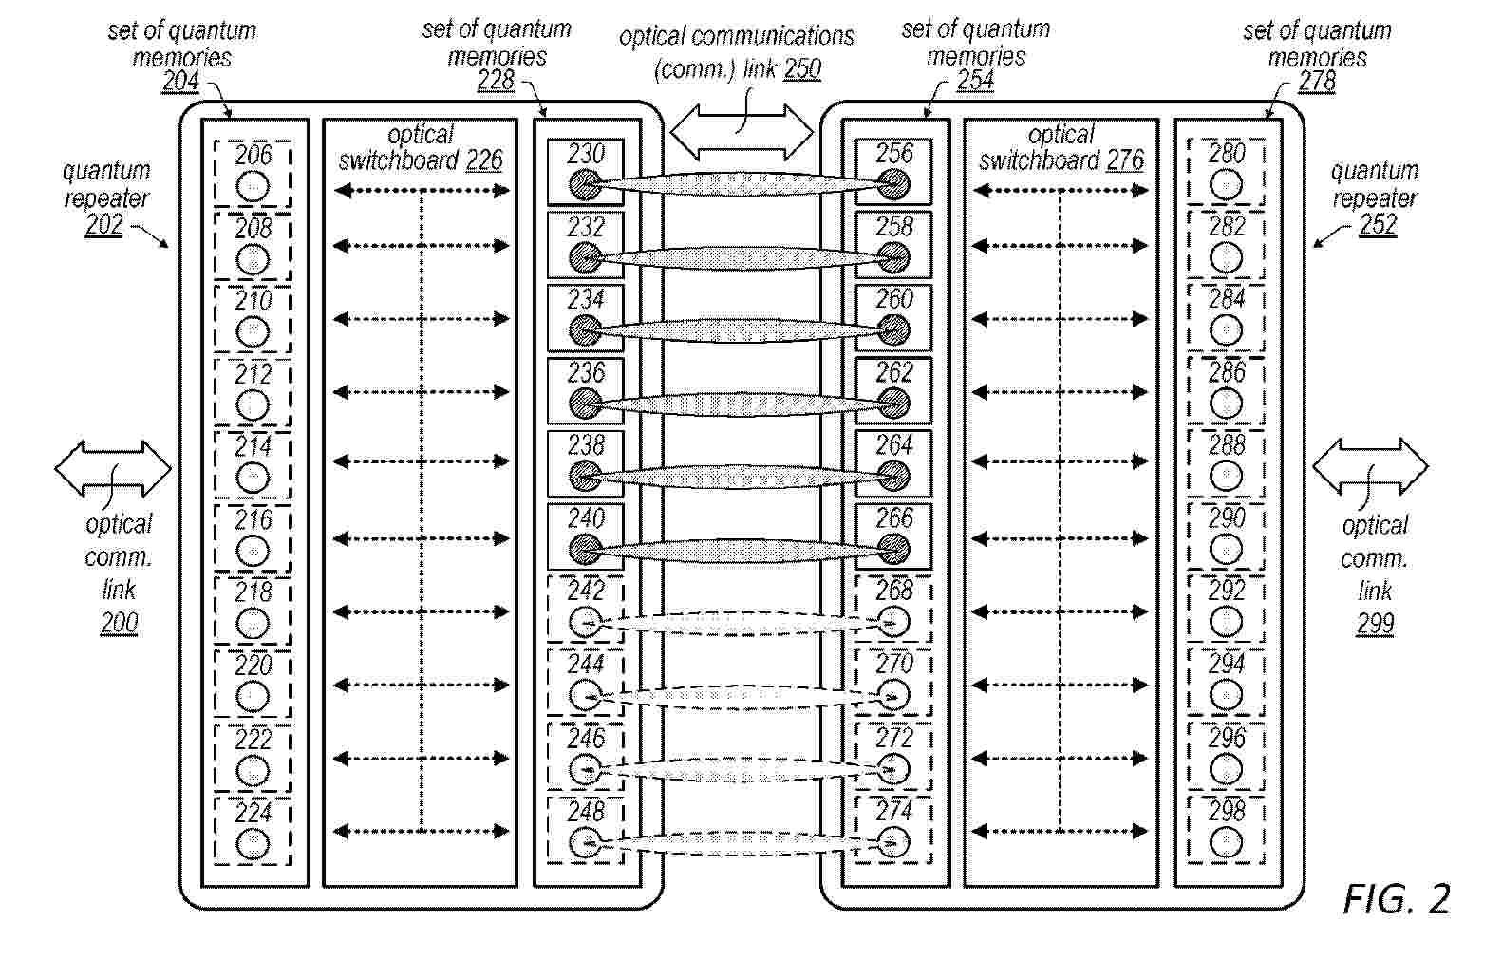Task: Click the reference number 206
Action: tap(253, 156)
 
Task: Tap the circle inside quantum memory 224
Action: tap(253, 843)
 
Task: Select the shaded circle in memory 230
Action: tap(586, 184)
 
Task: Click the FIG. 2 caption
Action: tap(1397, 899)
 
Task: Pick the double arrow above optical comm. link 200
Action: tap(113, 469)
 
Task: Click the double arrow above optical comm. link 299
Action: tap(1370, 467)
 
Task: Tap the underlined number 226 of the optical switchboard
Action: tap(484, 160)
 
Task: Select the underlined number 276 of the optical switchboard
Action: tap(1125, 160)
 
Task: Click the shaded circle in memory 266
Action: tap(893, 549)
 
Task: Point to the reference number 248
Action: tap(586, 812)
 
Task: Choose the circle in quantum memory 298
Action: tap(1227, 842)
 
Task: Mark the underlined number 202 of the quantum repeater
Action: tap(103, 225)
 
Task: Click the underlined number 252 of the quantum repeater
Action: tap(1378, 224)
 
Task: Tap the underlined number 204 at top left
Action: tap(181, 81)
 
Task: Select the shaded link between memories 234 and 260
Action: tap(739, 330)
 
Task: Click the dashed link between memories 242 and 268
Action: tap(739, 623)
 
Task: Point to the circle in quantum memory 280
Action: tap(1227, 184)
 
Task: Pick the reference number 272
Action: tap(894, 739)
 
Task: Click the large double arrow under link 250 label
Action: tap(742, 132)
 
